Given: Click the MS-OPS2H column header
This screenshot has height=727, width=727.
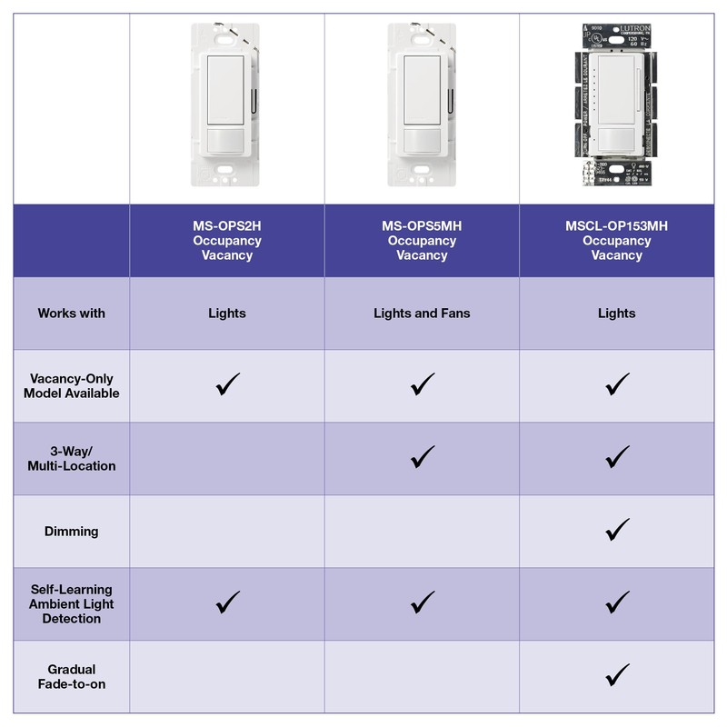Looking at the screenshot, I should pyautogui.click(x=226, y=241).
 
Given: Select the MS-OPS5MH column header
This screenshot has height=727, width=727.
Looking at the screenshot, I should pyautogui.click(x=422, y=241).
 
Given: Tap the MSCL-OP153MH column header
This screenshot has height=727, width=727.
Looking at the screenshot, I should pyautogui.click(x=616, y=241).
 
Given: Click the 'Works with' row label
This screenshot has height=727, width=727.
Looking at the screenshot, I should pyautogui.click(x=71, y=314).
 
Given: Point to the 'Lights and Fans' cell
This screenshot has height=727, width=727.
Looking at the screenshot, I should pyautogui.click(x=422, y=314).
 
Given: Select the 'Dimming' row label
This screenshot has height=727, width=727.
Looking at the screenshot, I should pyautogui.click(x=71, y=532).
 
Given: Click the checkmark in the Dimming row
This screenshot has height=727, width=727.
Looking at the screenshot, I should pyautogui.click(x=617, y=529).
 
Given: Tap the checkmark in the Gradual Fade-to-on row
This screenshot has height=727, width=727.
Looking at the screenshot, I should pyautogui.click(x=617, y=674).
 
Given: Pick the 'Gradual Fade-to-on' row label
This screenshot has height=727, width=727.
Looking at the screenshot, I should pyautogui.click(x=71, y=676).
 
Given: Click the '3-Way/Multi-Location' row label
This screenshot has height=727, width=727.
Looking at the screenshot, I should pyautogui.click(x=71, y=459).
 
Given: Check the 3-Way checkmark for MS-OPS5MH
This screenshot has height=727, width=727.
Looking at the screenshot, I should pyautogui.click(x=423, y=456).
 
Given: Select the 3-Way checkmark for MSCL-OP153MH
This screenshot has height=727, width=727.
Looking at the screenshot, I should pyautogui.click(x=617, y=456).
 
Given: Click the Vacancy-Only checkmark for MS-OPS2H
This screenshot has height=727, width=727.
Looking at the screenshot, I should pyautogui.click(x=227, y=384).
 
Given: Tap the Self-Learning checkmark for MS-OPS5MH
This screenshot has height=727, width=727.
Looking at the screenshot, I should pyautogui.click(x=423, y=602).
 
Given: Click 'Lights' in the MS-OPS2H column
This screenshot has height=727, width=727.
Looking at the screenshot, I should pyautogui.click(x=226, y=314).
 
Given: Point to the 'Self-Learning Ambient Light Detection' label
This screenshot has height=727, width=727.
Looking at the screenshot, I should pyautogui.click(x=71, y=604).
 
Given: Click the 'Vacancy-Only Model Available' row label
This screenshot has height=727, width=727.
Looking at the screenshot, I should pyautogui.click(x=71, y=386).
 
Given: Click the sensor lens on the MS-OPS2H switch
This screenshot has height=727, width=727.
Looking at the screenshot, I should pyautogui.click(x=226, y=143).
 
